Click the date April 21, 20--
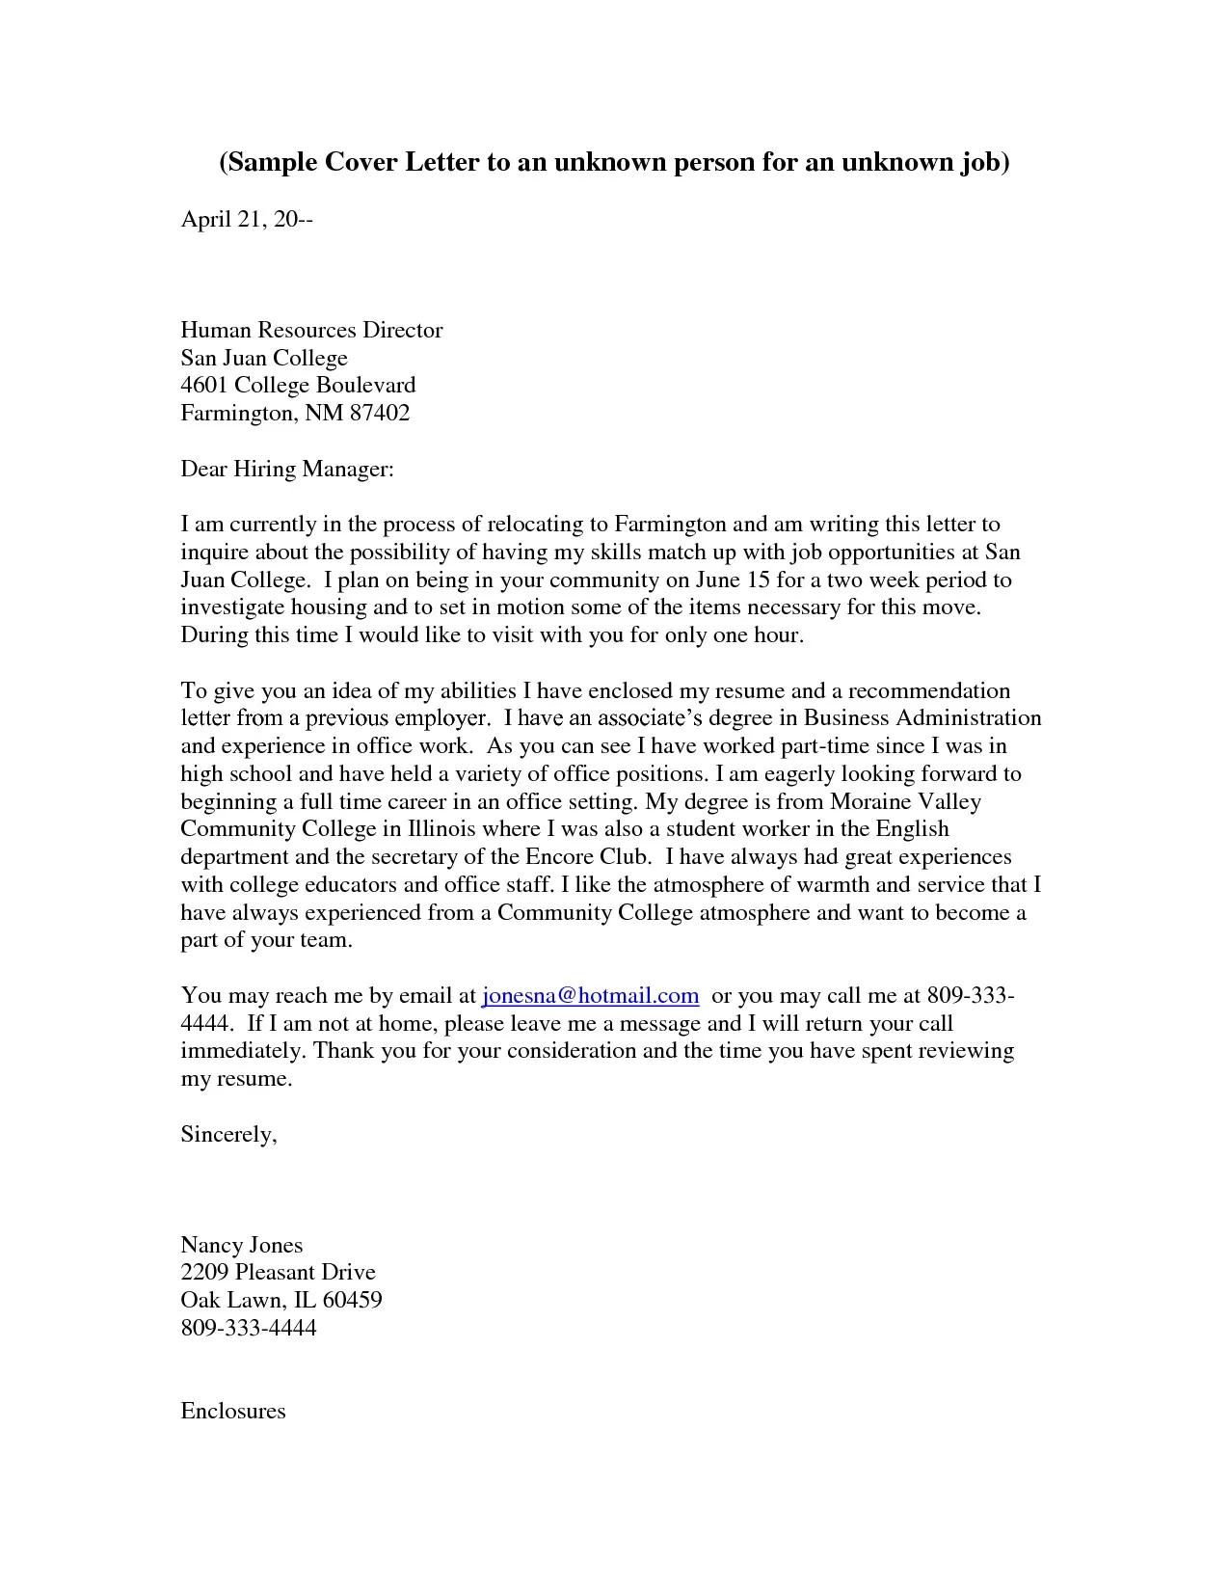coord(247,220)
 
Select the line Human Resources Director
coord(311,331)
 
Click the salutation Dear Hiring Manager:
coord(287,470)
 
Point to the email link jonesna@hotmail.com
coord(590,995)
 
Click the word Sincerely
coord(227,1134)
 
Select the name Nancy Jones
coord(241,1245)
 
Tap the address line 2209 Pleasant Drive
coord(278,1273)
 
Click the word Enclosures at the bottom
coord(233,1411)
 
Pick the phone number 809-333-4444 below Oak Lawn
coord(249,1328)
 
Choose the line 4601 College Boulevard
coord(298,386)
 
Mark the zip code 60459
coord(352,1300)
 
